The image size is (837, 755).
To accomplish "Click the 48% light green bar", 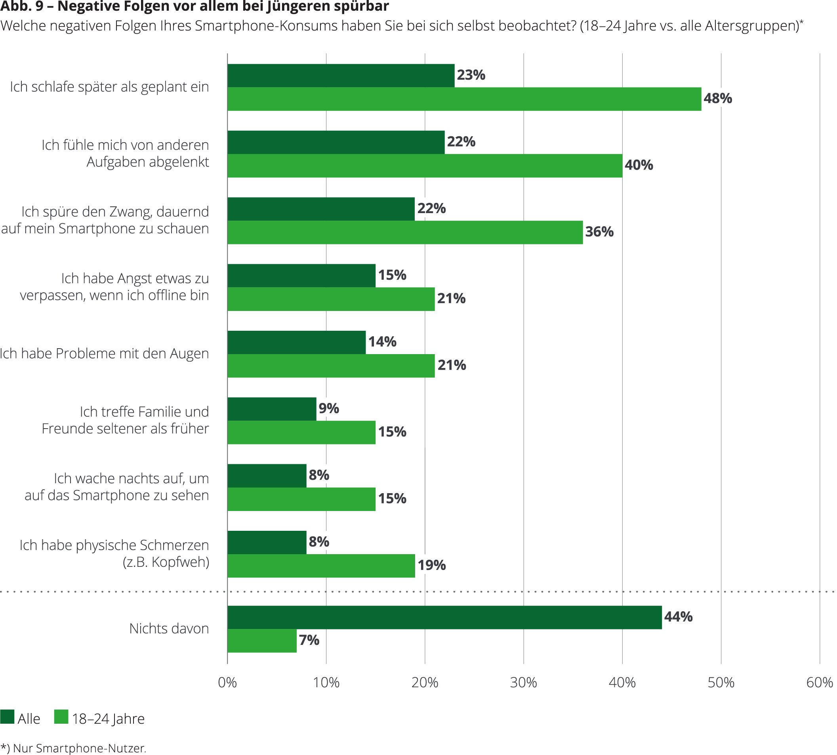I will (x=464, y=99).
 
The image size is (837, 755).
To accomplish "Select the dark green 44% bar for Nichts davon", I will (x=444, y=617).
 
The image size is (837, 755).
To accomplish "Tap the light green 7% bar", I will (x=262, y=641).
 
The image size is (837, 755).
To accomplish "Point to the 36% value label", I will (x=599, y=232).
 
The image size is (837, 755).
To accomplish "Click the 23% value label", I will (x=471, y=75).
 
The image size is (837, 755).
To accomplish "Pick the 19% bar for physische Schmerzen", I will (x=321, y=565).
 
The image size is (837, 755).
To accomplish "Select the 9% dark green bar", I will (x=272, y=409).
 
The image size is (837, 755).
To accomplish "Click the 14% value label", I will (x=382, y=342).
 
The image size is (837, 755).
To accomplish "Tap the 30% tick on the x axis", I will (x=523, y=683).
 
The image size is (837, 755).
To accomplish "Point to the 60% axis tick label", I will (x=819, y=683).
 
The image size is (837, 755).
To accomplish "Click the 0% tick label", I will (x=227, y=683).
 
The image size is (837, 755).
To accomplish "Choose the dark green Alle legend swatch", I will (x=8, y=717).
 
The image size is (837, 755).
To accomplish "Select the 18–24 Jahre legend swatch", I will (x=61, y=717).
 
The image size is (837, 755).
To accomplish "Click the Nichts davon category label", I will (x=169, y=629).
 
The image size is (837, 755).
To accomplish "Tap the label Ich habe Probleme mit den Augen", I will (x=104, y=353).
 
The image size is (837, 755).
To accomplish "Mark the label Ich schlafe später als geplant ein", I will (x=109, y=87).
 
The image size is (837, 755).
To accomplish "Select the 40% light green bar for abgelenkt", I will (x=425, y=166).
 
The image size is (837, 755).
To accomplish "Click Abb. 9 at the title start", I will (x=21, y=7).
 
